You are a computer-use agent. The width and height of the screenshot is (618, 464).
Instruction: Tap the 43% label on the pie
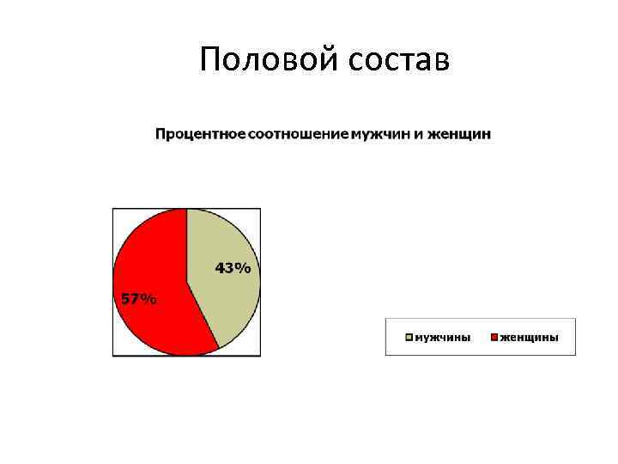pos(233,268)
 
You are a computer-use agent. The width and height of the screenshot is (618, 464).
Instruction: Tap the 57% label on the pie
pos(137,299)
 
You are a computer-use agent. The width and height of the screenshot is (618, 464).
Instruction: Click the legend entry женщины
pos(529,337)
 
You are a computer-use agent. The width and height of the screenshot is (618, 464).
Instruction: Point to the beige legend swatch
pos(410,337)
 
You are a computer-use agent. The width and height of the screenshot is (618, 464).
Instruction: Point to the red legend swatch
pos(494,337)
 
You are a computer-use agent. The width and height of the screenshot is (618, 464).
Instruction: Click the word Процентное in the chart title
pos(199,134)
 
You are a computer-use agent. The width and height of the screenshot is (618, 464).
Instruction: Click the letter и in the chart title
pos(421,134)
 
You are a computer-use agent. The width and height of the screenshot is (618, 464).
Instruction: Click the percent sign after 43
pos(245,268)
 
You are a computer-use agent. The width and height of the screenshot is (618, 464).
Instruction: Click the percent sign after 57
pos(149,299)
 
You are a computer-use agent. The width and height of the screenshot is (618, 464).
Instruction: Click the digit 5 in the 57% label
pos(125,299)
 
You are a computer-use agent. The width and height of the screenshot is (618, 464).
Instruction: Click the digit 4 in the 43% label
pos(221,268)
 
